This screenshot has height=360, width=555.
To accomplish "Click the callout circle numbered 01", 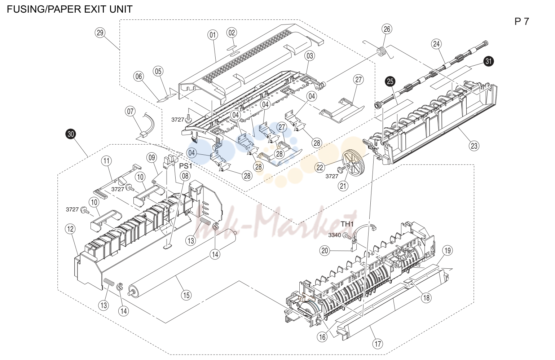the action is [212, 35].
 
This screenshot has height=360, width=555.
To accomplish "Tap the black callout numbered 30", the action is [71, 134].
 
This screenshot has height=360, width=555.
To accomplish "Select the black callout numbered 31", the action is [488, 61].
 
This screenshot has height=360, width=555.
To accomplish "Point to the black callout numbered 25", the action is [390, 81].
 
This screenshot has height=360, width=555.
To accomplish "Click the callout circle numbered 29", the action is [100, 33].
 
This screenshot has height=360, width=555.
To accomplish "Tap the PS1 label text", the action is [186, 166].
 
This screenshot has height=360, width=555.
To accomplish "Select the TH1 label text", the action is [347, 224].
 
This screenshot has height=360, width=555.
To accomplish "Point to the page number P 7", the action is [521, 22].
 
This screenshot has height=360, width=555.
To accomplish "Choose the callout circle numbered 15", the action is [186, 295].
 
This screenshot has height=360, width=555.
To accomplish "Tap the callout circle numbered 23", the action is [474, 146].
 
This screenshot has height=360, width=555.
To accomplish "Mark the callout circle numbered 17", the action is [378, 344].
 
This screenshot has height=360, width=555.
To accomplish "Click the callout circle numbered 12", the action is [70, 229].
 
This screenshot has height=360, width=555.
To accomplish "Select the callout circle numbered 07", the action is [130, 111].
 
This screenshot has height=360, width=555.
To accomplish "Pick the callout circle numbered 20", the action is [325, 251].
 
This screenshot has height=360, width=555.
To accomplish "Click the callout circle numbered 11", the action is [106, 161].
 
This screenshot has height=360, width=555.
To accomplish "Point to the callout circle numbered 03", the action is [310, 56].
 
